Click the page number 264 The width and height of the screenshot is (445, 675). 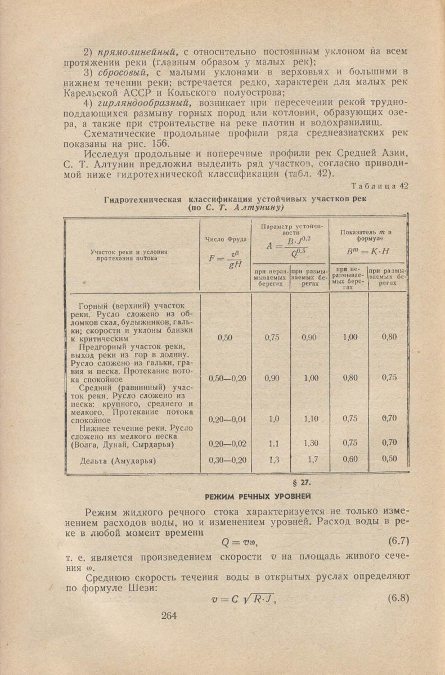point(169,615)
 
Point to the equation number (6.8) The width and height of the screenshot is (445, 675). point(398,597)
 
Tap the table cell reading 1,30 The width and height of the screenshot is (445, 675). point(311,443)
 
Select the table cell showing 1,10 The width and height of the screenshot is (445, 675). point(311,419)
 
